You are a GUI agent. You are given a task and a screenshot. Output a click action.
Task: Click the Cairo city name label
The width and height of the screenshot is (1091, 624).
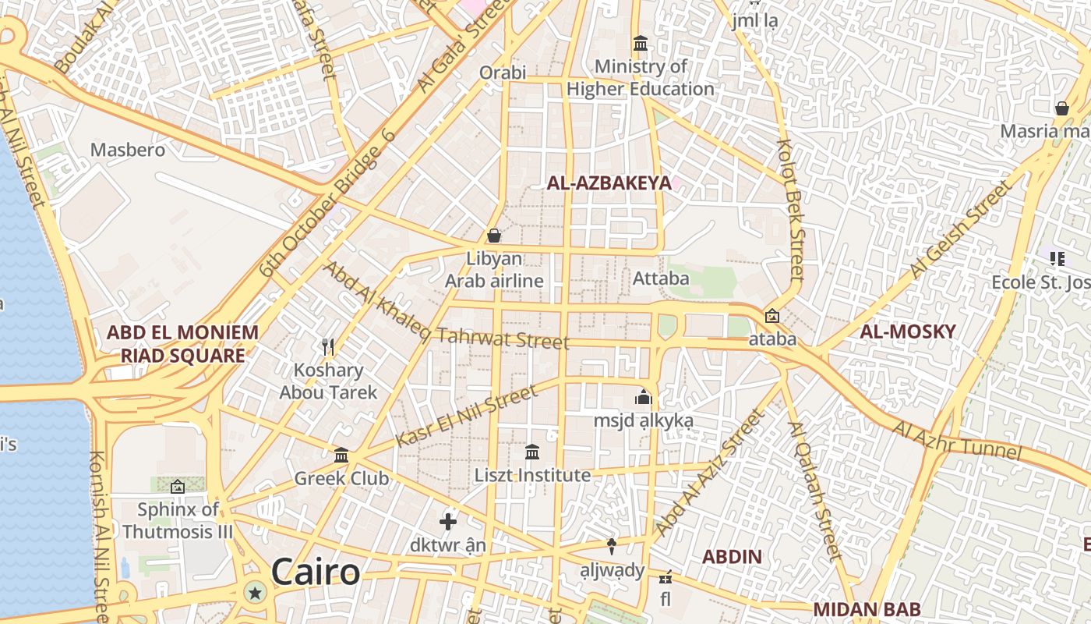tap(316, 572)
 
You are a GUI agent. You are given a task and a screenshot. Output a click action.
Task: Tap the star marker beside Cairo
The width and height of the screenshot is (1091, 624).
tap(254, 593)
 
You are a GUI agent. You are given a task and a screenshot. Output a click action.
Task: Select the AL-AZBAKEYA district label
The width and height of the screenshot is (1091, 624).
tap(609, 183)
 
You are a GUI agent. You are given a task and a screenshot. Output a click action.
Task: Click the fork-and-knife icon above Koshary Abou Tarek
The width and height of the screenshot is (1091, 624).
tap(328, 346)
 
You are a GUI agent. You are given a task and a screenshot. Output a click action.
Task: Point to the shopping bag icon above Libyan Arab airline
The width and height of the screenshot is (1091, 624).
tap(493, 235)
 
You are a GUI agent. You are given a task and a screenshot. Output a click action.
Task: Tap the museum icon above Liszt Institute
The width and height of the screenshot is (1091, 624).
tap(532, 452)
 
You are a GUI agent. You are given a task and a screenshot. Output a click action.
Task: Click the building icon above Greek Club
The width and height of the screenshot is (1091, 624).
tap(341, 455)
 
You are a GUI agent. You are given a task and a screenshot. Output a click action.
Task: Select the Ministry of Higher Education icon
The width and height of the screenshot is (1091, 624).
tap(641, 43)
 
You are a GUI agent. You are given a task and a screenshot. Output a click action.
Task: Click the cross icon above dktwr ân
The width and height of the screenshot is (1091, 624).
tap(448, 521)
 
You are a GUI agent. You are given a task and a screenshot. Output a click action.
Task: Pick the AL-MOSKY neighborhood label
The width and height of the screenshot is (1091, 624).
tap(907, 331)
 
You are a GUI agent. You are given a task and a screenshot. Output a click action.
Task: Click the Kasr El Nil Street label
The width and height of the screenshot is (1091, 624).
tap(466, 416)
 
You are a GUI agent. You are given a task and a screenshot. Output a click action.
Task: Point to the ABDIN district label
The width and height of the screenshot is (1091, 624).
tap(732, 557)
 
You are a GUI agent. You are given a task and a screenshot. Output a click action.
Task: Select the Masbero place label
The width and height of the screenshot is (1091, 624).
tap(128, 150)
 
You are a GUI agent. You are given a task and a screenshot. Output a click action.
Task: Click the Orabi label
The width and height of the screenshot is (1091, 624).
tap(503, 73)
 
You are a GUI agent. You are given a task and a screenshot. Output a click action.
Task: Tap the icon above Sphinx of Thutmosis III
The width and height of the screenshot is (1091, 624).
tap(178, 487)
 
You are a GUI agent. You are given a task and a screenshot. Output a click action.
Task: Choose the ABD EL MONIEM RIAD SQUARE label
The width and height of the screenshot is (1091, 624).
tap(182, 344)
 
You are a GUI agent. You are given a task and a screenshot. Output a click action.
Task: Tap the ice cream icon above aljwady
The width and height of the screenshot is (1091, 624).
tap(612, 546)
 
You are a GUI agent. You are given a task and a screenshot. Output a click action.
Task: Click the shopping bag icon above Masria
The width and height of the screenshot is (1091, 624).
tap(1061, 108)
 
